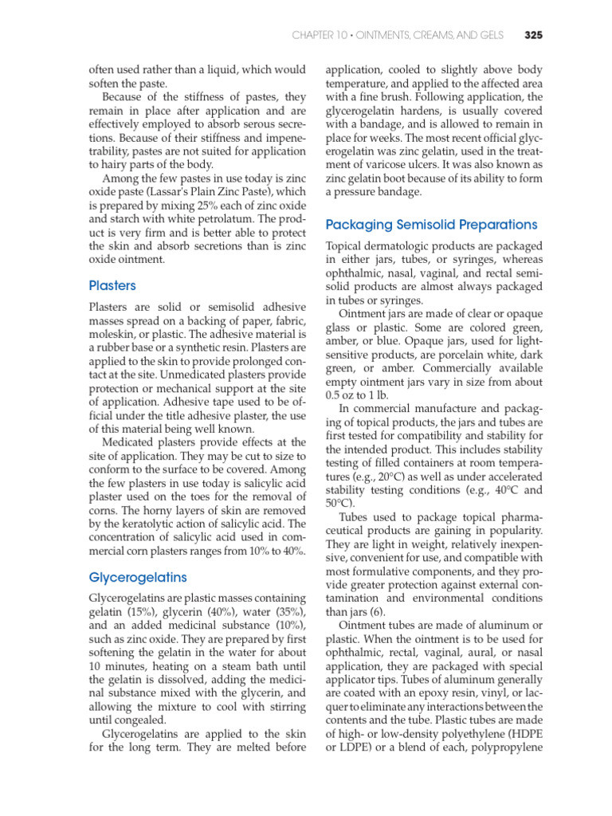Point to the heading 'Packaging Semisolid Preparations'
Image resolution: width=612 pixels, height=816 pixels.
tap(431, 225)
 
